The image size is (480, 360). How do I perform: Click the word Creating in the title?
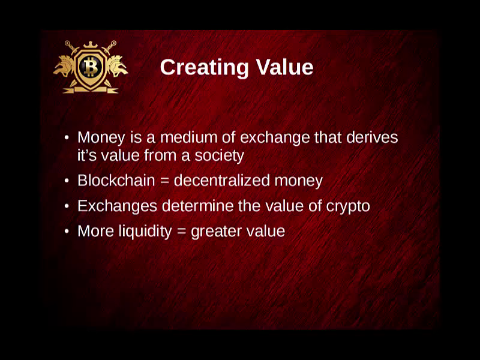tap(204, 68)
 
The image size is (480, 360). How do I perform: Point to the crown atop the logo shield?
tap(91, 45)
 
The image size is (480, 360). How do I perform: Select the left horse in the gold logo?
tap(64, 67)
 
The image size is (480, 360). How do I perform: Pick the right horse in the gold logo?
tap(117, 66)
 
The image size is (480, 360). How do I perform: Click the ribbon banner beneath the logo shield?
tap(91, 89)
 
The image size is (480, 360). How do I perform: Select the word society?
tap(219, 156)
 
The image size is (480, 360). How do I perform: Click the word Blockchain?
tap(116, 181)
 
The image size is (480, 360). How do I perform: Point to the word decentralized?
tap(221, 181)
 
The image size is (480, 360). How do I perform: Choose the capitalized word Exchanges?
tap(117, 206)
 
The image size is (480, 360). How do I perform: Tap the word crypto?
tap(348, 206)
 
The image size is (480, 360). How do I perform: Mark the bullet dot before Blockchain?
tap(67, 181)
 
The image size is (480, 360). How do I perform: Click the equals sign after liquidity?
tap(182, 232)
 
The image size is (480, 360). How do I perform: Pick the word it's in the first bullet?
tap(87, 155)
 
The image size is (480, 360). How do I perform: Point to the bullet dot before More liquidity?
tap(67, 232)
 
